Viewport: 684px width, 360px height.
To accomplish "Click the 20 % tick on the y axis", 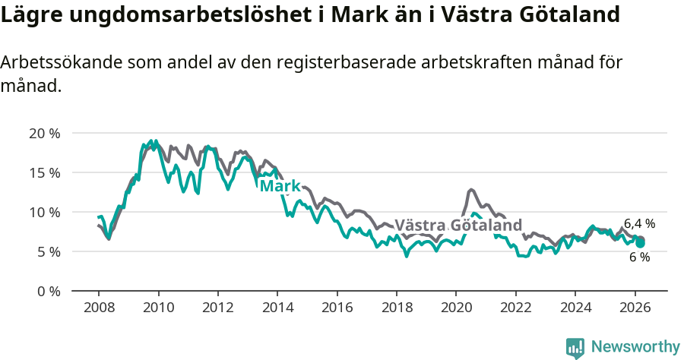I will coord(44,133).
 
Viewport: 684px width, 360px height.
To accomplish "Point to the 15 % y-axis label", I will coord(44,172).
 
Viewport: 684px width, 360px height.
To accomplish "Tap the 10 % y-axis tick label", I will coord(44,212).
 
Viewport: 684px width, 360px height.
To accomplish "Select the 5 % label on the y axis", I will coord(48,251).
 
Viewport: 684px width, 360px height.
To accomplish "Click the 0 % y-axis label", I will coord(48,291).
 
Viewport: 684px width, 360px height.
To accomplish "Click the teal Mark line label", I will coord(280,186).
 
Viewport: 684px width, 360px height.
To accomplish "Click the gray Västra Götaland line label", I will coord(458,225).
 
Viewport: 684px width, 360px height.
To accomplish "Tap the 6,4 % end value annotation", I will coord(639,223).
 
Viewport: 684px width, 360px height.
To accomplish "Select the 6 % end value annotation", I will coord(639,257).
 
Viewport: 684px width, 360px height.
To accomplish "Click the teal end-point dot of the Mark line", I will coord(641,243).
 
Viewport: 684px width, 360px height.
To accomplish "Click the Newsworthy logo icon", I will coord(575,348).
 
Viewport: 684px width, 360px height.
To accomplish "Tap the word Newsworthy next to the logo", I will coord(635,347).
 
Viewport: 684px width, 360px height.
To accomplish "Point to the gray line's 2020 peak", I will coord(471,189).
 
